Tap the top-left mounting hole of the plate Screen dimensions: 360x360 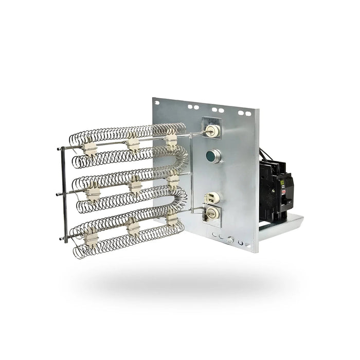tap(190, 107)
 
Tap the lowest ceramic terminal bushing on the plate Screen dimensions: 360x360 tap(211, 212)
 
